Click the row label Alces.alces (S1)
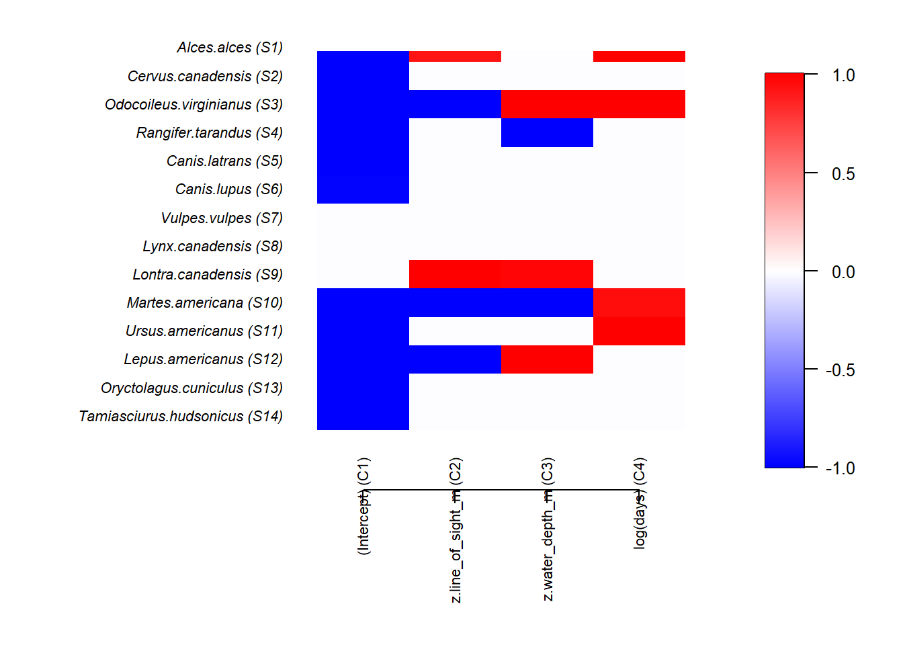[230, 48]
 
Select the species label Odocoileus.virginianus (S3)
[193, 105]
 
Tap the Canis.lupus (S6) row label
[228, 189]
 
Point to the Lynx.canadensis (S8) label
[212, 247]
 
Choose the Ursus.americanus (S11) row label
[204, 331]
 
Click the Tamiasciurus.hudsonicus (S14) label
[180, 417]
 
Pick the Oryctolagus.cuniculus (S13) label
[191, 388]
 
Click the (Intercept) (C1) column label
[363, 506]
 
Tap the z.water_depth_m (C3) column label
[548, 529]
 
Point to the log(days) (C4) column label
[640, 503]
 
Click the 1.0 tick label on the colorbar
[843, 75]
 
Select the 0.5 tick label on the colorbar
[843, 174]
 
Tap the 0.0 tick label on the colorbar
[843, 272]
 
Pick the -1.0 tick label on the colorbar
[840, 468]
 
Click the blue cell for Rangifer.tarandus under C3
[547, 132]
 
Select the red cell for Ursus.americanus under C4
[639, 331]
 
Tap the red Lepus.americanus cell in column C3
[547, 359]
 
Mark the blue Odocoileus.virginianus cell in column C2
[455, 104]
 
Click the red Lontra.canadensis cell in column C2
[455, 274]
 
